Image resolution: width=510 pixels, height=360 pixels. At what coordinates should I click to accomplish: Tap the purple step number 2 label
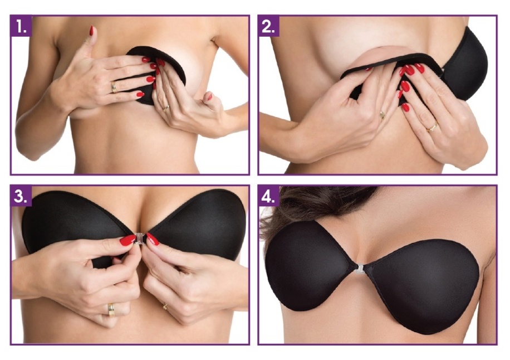pyautogui.click(x=269, y=26)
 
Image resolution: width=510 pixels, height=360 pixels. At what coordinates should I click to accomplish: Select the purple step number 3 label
pyautogui.click(x=21, y=196)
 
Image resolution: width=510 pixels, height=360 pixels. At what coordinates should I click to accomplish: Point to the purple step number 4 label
pyautogui.click(x=269, y=196)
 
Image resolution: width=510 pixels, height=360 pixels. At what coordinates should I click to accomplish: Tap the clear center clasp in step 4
pyautogui.click(x=359, y=267)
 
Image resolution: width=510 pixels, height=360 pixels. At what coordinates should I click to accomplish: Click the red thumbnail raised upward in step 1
pyautogui.click(x=91, y=31)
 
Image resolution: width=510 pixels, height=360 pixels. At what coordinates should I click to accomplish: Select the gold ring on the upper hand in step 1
pyautogui.click(x=114, y=87)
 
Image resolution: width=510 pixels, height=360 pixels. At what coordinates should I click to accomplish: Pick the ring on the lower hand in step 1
pyautogui.click(x=166, y=109)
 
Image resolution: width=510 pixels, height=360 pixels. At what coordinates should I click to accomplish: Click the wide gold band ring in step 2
pyautogui.click(x=432, y=127)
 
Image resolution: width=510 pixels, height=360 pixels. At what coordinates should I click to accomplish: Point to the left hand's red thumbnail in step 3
pyautogui.click(x=127, y=240)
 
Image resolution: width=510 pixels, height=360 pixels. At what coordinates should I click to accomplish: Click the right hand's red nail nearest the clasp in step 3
pyautogui.click(x=152, y=239)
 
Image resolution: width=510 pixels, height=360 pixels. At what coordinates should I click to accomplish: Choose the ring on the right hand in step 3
pyautogui.click(x=165, y=306)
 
